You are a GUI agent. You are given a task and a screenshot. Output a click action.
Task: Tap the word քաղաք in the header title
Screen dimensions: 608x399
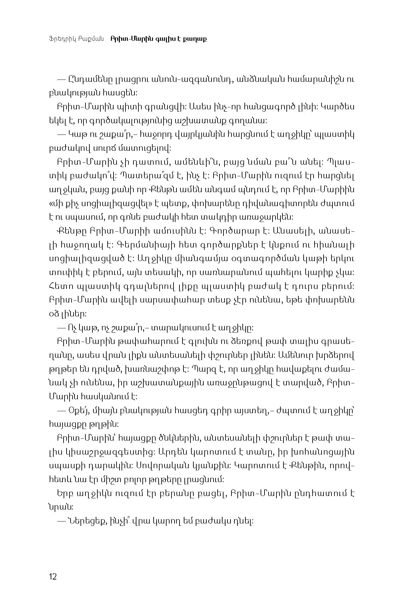click(198, 39)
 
